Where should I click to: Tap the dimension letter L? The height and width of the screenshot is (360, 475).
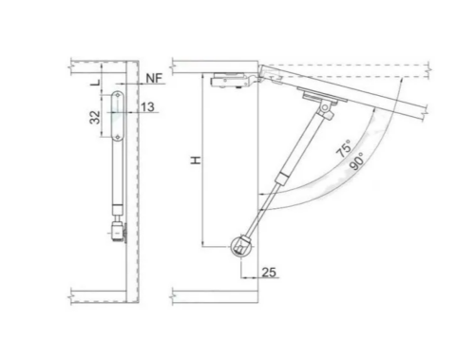point(93,84)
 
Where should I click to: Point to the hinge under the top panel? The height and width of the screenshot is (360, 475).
point(230,82)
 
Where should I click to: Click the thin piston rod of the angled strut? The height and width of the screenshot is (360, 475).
point(258,215)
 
